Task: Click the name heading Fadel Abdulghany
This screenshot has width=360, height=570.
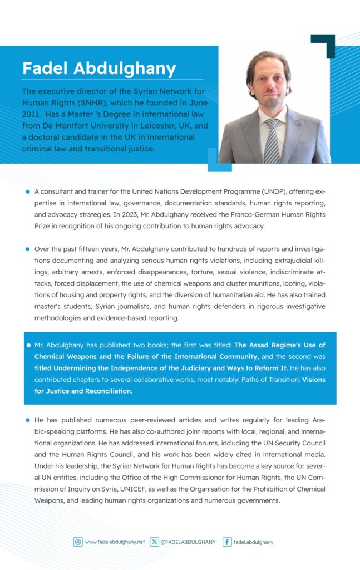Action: click(99, 68)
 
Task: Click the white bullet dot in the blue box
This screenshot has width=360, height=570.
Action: click(27, 346)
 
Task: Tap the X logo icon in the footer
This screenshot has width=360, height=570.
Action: click(154, 542)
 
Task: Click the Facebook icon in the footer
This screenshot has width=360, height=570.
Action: click(227, 542)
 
